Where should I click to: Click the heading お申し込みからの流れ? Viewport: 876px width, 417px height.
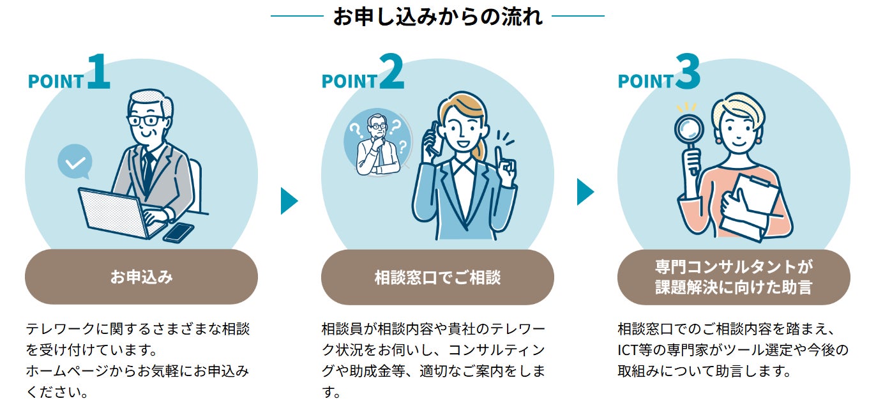(x=437, y=16)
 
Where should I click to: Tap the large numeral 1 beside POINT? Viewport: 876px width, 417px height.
(x=98, y=72)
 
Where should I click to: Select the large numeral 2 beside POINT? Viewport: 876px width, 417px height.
(x=392, y=72)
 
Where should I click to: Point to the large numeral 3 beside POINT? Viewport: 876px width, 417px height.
(x=688, y=72)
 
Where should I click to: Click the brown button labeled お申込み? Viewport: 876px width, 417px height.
(x=141, y=277)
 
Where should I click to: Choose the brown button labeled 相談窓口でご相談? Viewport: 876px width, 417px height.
(x=437, y=277)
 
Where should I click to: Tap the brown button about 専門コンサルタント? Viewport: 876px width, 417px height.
(x=734, y=277)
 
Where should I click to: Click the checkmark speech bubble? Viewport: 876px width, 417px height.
(x=75, y=162)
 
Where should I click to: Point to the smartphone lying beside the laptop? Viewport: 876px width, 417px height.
(x=179, y=232)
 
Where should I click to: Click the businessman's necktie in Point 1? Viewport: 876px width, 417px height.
(x=148, y=169)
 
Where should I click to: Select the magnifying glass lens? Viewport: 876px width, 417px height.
(x=689, y=130)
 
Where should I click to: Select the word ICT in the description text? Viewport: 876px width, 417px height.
(x=630, y=350)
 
